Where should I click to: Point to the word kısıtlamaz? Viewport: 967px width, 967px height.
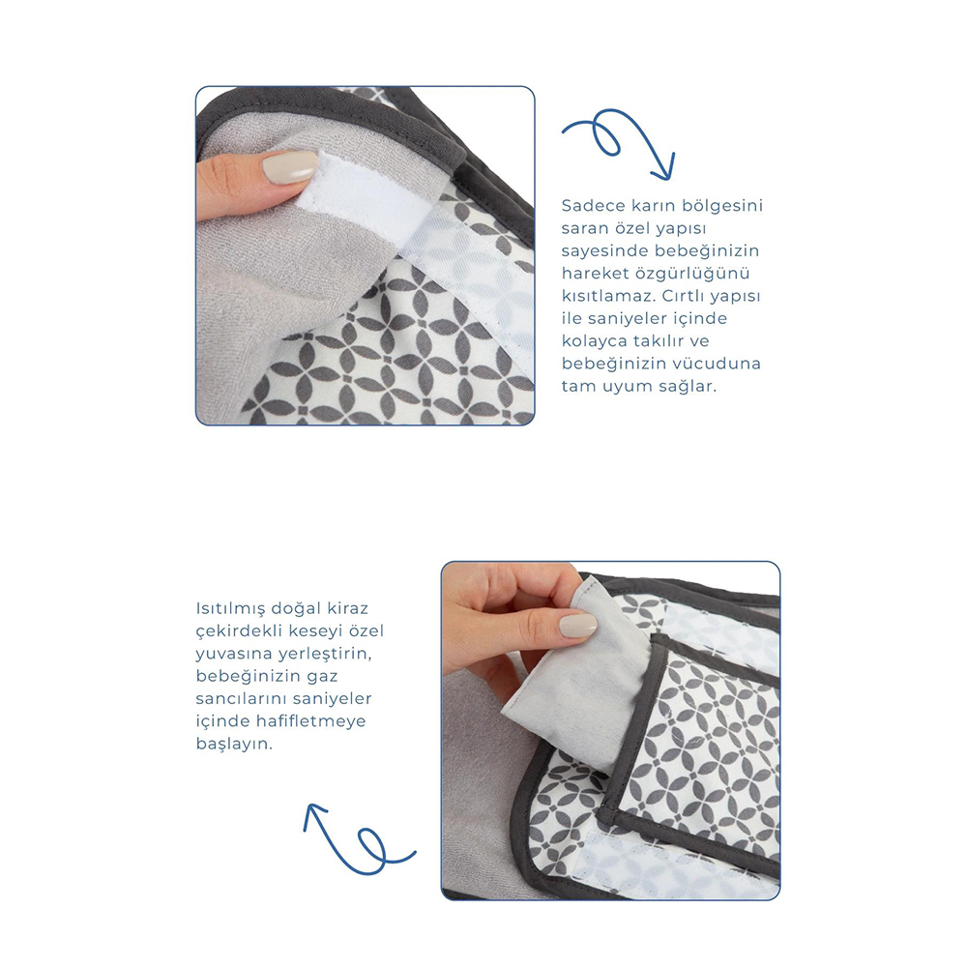[608, 296]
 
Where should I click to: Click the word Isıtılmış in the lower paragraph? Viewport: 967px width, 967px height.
[230, 608]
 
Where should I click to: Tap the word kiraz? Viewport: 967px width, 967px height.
[347, 608]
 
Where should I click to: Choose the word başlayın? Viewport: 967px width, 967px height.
[234, 745]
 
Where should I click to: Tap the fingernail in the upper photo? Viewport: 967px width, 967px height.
[290, 166]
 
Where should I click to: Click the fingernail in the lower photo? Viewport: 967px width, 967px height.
[578, 628]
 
